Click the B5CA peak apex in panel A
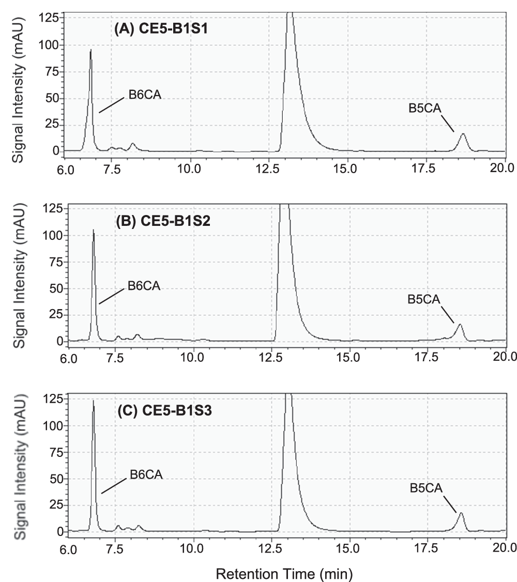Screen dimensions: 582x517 pos(463,134)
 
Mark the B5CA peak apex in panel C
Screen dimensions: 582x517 pos(461,513)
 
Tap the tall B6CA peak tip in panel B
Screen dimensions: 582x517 pos(94,230)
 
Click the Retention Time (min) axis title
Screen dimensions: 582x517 pos(284,573)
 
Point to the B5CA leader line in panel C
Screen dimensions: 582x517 pos(449,504)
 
